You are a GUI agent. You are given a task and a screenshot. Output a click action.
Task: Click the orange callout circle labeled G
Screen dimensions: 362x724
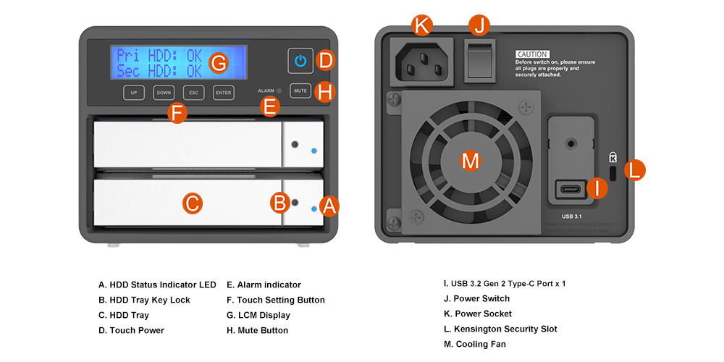coord(218,63)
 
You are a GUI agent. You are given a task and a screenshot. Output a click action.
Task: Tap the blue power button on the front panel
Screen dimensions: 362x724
coord(300,61)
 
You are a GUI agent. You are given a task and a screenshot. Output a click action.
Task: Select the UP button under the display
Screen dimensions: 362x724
coord(134,93)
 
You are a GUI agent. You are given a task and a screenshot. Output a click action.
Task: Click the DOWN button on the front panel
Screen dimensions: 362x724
coord(164,93)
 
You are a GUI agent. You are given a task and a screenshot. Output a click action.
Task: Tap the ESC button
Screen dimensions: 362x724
coord(194,93)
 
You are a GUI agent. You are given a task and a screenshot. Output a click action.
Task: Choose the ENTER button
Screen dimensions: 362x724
coord(224,93)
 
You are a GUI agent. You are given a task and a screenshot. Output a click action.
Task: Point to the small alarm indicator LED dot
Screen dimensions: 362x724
coord(279,91)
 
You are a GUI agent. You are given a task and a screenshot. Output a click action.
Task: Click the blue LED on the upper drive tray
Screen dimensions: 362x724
coord(313,151)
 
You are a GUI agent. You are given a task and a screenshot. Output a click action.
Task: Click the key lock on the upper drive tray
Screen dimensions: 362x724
coord(294,145)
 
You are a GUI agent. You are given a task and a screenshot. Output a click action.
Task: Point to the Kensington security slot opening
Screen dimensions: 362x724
coord(613,174)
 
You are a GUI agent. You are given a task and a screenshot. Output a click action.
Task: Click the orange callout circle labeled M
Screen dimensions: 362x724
coord(471,161)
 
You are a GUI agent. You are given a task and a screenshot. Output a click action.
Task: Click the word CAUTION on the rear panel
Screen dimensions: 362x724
coord(532,54)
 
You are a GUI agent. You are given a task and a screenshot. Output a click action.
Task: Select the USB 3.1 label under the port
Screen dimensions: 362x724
coord(573,216)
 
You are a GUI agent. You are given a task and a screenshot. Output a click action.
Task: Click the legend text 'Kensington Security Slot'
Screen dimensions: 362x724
coord(505,329)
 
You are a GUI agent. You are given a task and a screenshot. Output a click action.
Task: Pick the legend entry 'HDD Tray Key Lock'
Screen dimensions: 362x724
coord(144,300)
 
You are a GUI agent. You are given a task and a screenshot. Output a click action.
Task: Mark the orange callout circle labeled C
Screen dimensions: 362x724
coord(191,203)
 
